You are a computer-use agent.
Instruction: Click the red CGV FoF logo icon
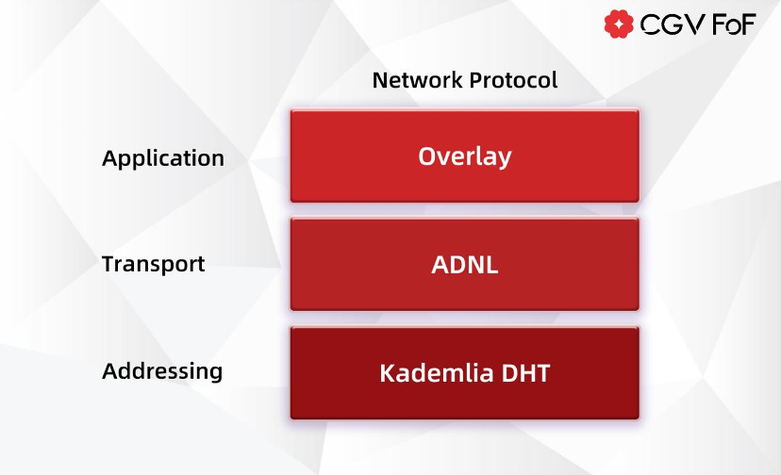point(619,25)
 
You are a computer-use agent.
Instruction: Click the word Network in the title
point(410,80)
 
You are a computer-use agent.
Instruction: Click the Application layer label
point(163,158)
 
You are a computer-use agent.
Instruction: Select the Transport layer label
point(153,264)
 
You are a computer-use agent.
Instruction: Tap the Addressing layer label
point(162,371)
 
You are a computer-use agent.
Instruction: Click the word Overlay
point(464,156)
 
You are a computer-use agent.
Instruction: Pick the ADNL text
point(464,265)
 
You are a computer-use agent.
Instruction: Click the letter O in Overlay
point(427,156)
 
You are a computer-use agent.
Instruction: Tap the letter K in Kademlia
point(387,373)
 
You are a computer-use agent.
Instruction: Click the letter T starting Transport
point(108,264)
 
